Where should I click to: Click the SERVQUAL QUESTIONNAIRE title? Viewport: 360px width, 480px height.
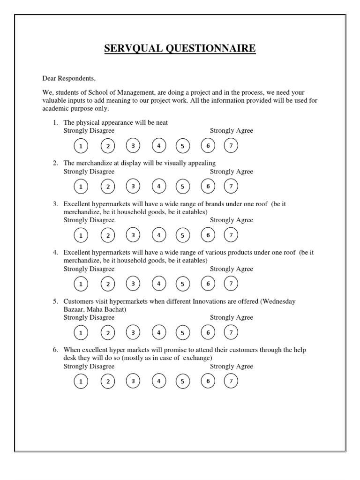click(180, 49)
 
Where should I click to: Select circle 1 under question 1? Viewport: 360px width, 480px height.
click(81, 146)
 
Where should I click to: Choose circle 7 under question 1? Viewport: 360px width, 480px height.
click(231, 146)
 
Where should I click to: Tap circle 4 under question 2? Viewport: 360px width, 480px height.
click(159, 187)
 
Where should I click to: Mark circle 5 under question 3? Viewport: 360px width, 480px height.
click(183, 235)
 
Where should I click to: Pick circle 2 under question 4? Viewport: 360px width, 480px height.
click(108, 284)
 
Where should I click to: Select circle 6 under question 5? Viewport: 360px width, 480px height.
click(208, 332)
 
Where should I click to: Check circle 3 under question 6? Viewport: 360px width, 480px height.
click(133, 381)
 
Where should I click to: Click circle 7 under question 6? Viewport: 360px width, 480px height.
click(231, 381)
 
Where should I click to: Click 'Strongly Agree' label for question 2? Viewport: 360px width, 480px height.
click(231, 172)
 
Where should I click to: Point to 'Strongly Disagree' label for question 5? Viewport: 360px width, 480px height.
click(89, 317)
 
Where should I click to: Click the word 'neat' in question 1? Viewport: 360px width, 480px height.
click(162, 123)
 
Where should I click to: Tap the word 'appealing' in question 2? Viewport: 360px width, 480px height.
click(202, 163)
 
